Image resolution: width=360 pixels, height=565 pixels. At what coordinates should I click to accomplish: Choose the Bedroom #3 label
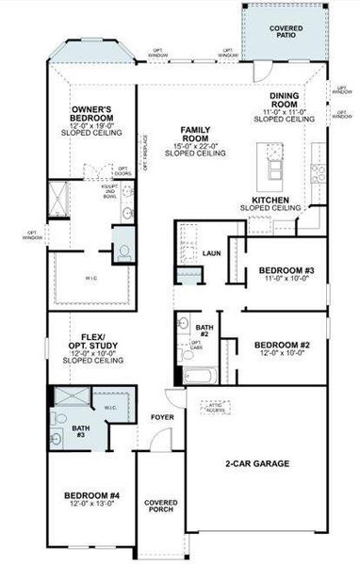[286, 271]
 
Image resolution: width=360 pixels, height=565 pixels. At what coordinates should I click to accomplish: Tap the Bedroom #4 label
[91, 495]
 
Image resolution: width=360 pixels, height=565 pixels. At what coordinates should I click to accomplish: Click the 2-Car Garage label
[256, 463]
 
